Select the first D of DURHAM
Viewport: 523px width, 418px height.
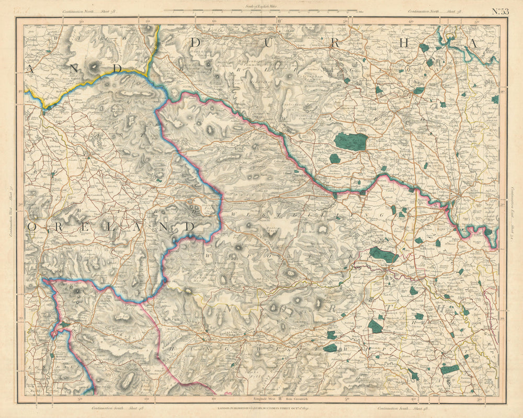pyautogui.click(x=197, y=42)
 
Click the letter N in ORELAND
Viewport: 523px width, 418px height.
pyautogui.click(x=162, y=227)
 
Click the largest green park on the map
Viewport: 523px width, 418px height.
pyautogui.click(x=351, y=141)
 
